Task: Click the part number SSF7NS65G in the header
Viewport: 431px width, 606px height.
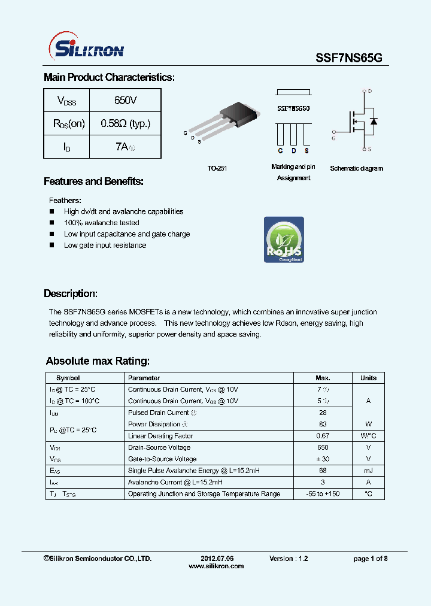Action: tap(348, 56)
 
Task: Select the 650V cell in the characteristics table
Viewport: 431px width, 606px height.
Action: tap(125, 100)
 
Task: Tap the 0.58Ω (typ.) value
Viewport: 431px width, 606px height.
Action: tap(125, 123)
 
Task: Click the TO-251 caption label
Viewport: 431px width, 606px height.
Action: tap(217, 169)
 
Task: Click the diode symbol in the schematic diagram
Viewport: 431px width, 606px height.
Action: tap(374, 122)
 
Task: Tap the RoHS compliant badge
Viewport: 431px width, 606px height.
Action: tap(284, 240)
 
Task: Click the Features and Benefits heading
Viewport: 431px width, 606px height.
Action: tap(93, 181)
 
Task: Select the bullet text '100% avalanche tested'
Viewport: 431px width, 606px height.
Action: tap(101, 223)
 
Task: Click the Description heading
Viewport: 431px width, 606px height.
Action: tap(70, 293)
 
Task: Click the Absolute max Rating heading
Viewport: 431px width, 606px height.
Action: tap(98, 361)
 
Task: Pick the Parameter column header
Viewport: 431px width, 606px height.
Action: tap(144, 378)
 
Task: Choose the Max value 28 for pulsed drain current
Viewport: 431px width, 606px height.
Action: tap(323, 413)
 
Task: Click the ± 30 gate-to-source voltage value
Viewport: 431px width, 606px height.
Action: tap(323, 459)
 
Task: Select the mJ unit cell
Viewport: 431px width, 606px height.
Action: tap(368, 471)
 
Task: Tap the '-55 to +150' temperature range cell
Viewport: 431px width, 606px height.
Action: tap(323, 494)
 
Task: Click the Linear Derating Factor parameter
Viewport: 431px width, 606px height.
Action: tap(160, 436)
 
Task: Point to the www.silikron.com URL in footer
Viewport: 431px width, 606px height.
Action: tap(216, 566)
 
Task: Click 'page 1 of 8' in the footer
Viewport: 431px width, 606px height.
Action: tap(371, 558)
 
